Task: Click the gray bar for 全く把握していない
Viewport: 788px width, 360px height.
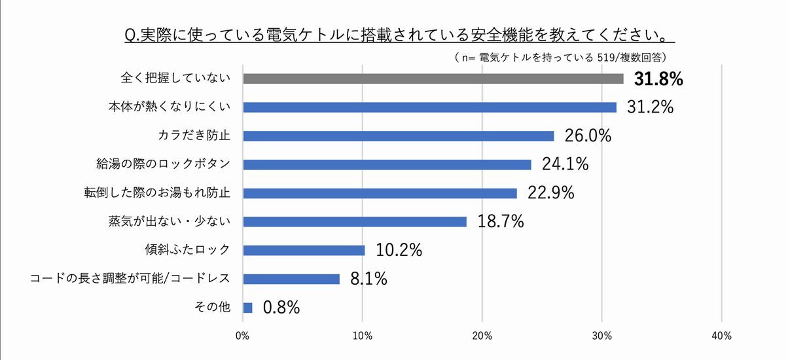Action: click(433, 79)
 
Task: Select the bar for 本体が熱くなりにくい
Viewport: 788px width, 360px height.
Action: click(429, 107)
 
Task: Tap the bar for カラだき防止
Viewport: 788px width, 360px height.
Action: click(398, 136)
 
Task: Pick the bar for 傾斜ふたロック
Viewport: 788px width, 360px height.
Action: click(304, 250)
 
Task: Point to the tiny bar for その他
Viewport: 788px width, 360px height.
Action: click(247, 308)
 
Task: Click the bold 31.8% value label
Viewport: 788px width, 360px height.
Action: click(658, 79)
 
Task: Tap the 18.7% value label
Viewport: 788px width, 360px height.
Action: click(501, 222)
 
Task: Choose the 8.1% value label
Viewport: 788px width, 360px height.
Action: click(368, 279)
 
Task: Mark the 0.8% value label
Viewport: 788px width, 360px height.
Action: click(281, 308)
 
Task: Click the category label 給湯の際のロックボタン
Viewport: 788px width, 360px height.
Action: click(163, 164)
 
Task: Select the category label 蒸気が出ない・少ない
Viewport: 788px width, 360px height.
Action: click(170, 222)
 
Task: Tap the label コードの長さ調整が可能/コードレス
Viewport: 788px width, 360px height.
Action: click(130, 279)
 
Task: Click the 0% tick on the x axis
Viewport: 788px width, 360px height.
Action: click(242, 336)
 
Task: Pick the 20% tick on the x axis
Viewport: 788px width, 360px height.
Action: click(482, 336)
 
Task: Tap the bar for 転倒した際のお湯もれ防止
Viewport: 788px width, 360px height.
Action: click(380, 193)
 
